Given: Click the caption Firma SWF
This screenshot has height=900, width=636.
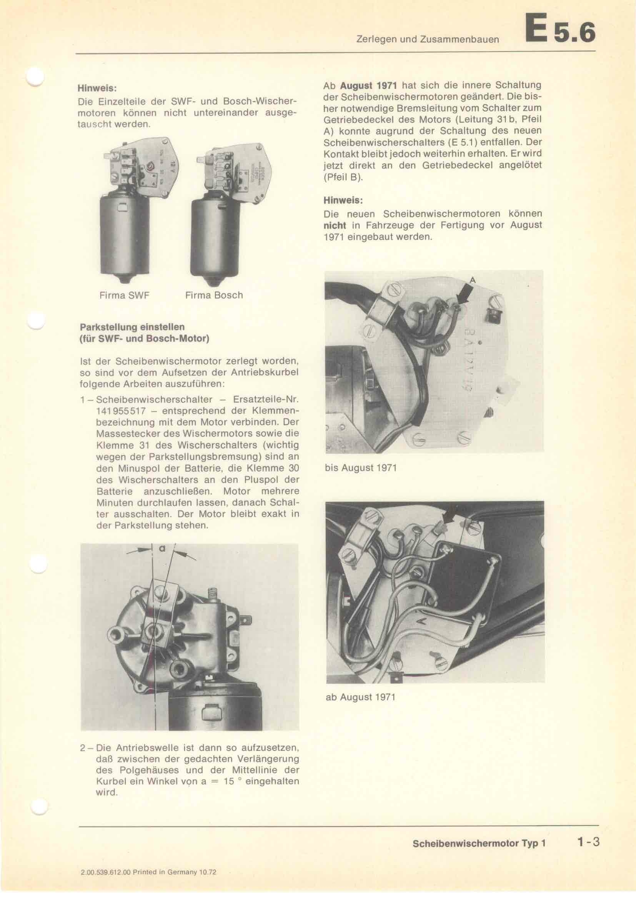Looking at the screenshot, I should pos(124,295).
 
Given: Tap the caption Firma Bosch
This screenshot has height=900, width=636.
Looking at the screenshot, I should pos(214,295).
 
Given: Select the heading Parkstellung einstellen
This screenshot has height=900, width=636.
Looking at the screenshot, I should pos(132,327).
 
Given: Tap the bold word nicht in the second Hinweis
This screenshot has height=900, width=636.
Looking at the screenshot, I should pos(335,225).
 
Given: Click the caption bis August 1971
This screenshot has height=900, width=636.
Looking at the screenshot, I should pos(361,468).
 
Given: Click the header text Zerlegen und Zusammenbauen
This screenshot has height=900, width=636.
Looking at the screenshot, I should pos(428,39).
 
